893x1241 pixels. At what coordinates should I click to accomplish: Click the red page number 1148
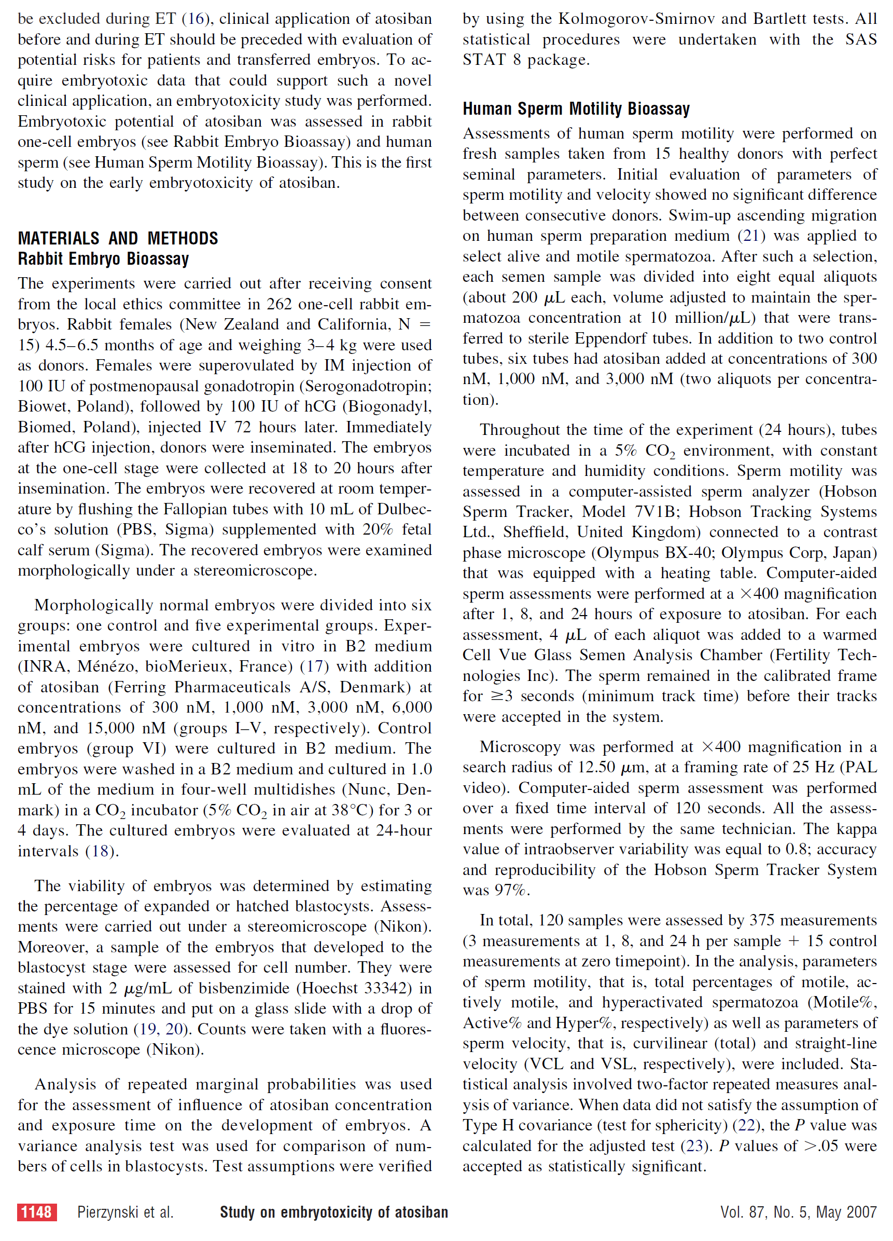37,1212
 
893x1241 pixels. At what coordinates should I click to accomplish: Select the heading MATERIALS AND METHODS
118,239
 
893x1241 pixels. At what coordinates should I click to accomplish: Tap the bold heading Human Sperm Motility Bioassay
576,109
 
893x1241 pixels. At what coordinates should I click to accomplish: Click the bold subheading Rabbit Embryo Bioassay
103,259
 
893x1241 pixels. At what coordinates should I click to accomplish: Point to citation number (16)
196,19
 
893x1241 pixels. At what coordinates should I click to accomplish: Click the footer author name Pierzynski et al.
125,1212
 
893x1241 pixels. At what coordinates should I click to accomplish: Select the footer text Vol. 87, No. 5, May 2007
798,1212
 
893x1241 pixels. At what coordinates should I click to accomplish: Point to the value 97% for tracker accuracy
512,890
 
